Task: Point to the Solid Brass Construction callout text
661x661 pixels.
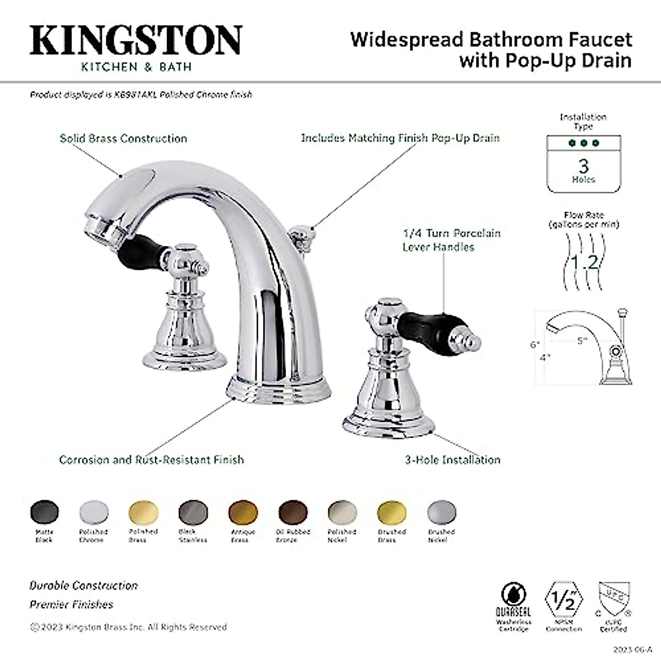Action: pyautogui.click(x=123, y=138)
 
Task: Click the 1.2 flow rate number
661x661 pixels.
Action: pyautogui.click(x=583, y=261)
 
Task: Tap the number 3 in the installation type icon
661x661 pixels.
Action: pyautogui.click(x=583, y=165)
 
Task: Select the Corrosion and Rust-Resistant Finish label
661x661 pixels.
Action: pyautogui.click(x=151, y=459)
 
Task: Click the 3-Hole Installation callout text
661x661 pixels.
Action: pyautogui.click(x=453, y=459)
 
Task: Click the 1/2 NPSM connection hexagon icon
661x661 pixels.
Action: pyautogui.click(x=564, y=598)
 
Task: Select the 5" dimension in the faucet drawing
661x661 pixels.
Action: pyautogui.click(x=582, y=340)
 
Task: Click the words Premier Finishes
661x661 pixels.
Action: pyautogui.click(x=71, y=604)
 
